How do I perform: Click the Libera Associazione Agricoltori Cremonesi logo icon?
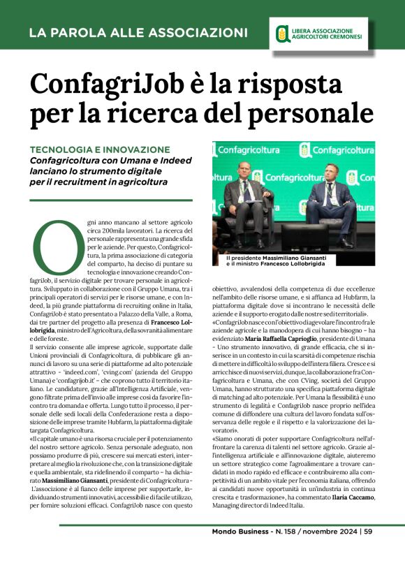[x=281, y=32]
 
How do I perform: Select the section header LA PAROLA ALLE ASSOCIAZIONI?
[x=138, y=32]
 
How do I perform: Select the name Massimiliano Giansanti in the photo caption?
[x=305, y=258]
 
